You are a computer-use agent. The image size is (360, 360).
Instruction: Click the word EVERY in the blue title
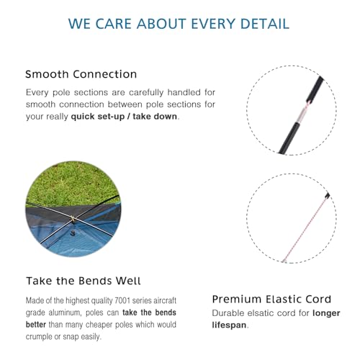(213, 24)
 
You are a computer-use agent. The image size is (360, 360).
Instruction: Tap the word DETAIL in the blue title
(265, 24)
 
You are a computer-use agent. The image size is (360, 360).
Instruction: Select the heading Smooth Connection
(81, 74)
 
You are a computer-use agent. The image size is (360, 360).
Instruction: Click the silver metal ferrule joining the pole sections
(302, 115)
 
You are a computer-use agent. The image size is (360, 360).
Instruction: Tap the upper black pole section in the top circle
(315, 89)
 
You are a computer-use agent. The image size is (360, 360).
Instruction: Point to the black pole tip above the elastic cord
(328, 195)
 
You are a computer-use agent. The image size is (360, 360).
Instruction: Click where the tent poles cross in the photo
(73, 219)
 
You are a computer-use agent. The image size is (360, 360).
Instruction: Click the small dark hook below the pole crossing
(73, 233)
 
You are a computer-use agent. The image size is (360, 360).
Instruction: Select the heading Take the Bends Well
(84, 281)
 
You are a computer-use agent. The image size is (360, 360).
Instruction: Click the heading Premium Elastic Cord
(271, 299)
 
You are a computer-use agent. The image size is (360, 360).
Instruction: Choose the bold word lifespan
(229, 325)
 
